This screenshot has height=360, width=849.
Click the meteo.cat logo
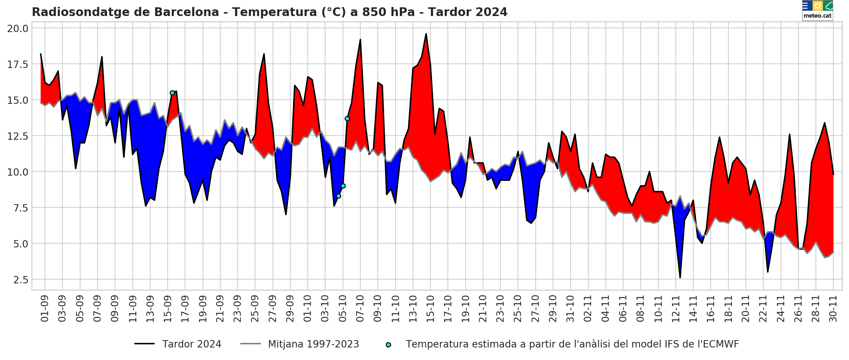click(817, 10)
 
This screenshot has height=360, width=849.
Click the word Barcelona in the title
click(187, 12)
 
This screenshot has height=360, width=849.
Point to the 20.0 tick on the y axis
click(18, 28)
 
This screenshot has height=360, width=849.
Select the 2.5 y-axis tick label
click(21, 280)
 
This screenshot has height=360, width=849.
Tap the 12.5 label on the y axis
click(18, 136)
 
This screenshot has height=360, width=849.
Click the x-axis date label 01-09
click(45, 309)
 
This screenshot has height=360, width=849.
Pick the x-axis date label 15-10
click(430, 309)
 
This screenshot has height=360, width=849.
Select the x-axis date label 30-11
click(833, 309)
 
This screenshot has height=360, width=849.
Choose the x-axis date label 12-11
click(676, 309)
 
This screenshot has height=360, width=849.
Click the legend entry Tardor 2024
click(191, 344)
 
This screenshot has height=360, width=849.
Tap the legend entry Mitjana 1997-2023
click(313, 344)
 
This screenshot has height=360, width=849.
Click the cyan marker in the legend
click(388, 345)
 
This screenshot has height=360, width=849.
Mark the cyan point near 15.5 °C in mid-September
click(172, 93)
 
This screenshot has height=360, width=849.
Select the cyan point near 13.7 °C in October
click(347, 119)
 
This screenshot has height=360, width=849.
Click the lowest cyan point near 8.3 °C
click(338, 196)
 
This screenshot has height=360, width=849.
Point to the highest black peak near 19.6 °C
click(426, 34)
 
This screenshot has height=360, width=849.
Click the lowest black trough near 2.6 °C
click(680, 277)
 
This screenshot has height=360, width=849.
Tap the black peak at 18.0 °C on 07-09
click(102, 57)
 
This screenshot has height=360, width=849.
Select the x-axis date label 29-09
click(290, 309)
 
